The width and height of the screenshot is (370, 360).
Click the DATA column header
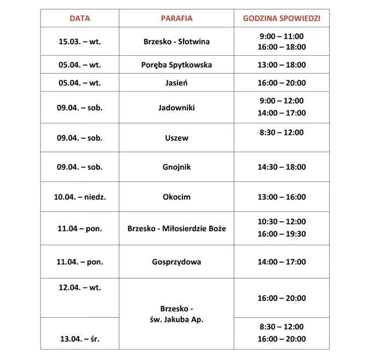[80, 18]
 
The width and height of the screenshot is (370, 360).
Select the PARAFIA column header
[177, 18]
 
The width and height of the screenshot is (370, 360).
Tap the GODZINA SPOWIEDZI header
[281, 18]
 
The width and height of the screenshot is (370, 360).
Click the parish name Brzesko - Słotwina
[177, 42]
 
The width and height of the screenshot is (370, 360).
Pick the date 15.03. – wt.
[80, 42]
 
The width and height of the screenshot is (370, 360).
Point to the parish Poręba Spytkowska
[177, 65]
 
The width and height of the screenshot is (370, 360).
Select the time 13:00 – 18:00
[281, 65]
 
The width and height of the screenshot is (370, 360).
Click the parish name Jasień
[177, 83]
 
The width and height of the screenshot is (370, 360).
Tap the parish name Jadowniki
[177, 108]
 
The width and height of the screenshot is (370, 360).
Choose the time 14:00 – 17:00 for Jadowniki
[281, 113]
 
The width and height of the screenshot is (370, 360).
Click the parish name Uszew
[177, 138]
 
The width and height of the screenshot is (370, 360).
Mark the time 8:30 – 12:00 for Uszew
[281, 132]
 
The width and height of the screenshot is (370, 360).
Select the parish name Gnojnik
[177, 167]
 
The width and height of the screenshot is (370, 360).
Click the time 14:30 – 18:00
[281, 167]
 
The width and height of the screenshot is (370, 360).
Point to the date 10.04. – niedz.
[80, 197]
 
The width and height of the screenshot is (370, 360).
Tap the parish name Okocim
[177, 197]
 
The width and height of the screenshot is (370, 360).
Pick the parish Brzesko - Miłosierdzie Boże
[177, 228]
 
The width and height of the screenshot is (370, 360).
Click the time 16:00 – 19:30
[281, 234]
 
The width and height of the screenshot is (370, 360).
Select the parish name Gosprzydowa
[177, 262]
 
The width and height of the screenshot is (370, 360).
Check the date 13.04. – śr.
[80, 339]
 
